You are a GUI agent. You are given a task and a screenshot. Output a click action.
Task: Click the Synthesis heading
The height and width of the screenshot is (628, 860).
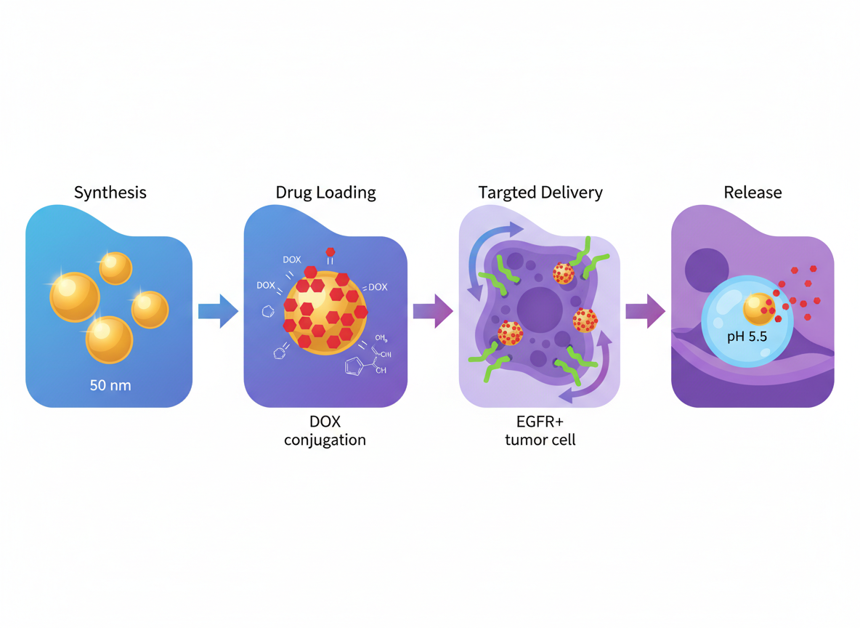click(x=110, y=193)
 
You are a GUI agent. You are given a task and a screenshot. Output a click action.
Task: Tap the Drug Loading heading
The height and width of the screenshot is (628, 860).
click(x=325, y=193)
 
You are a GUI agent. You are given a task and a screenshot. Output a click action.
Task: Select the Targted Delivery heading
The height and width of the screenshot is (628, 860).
click(x=540, y=193)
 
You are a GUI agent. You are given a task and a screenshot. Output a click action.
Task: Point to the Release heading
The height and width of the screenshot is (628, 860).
click(x=752, y=193)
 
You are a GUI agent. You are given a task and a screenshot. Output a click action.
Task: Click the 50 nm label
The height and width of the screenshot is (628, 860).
click(x=110, y=385)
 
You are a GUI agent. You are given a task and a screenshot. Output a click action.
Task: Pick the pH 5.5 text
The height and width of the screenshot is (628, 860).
click(x=747, y=337)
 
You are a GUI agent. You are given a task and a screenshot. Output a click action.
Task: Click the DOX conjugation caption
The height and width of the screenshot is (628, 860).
click(x=325, y=431)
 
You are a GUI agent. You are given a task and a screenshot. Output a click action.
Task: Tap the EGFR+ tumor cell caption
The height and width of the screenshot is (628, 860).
click(x=540, y=431)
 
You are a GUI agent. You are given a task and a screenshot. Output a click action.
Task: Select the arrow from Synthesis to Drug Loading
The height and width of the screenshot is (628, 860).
click(x=218, y=312)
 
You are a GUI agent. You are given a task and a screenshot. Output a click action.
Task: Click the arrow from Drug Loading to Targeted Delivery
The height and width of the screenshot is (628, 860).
click(x=433, y=312)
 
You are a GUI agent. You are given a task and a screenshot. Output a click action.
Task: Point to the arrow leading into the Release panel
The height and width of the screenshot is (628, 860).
click(x=645, y=312)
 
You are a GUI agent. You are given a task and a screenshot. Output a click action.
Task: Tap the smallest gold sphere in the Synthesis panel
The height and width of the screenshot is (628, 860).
click(x=115, y=268)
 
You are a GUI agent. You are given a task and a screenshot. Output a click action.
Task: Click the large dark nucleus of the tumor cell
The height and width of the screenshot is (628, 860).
click(x=540, y=308)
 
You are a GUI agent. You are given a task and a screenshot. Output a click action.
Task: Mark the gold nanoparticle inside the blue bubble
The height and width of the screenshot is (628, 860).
click(x=758, y=308)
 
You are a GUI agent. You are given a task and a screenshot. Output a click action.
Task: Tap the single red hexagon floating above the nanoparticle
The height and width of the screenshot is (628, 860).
click(x=330, y=253)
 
